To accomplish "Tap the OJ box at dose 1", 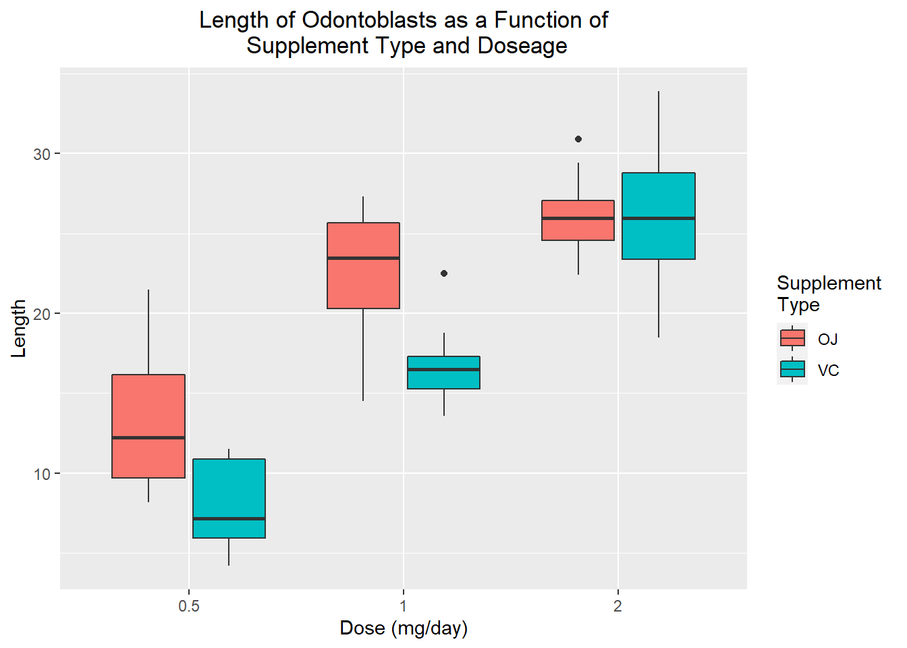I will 363,283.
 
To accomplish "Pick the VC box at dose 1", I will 443,378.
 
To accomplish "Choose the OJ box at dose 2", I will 578,230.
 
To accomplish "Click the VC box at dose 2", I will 658,196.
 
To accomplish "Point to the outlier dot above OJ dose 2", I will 578,139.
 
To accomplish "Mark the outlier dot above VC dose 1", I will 444,273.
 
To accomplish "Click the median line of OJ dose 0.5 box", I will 148,437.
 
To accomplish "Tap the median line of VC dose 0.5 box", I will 229,518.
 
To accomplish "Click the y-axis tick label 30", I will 42,154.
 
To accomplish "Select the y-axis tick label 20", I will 42,314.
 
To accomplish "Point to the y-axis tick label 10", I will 42,474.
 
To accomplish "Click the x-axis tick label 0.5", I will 189,606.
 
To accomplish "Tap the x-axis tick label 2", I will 617,606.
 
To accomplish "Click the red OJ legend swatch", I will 792,337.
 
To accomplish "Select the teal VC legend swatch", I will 792,369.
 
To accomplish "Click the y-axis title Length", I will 19,329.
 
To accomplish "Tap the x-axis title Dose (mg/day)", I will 404,628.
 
